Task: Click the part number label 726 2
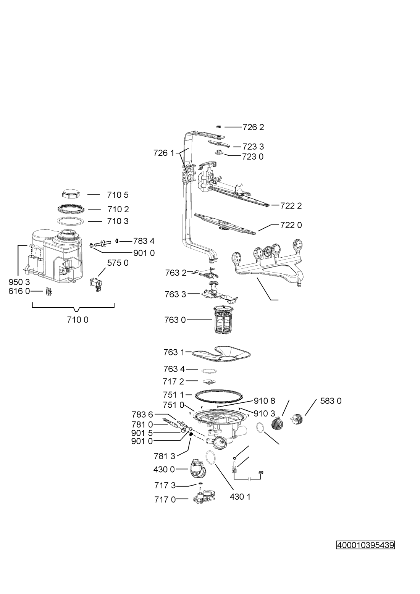tap(253, 127)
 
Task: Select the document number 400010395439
tap(365, 545)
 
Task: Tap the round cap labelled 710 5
tap(70, 194)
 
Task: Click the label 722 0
tap(291, 225)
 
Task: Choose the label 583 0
tap(331, 401)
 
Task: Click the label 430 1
tap(240, 497)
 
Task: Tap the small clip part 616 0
tap(48, 291)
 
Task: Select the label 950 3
tap(19, 282)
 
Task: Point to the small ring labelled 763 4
tap(209, 370)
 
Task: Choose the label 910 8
tap(265, 401)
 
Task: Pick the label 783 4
tap(144, 241)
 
